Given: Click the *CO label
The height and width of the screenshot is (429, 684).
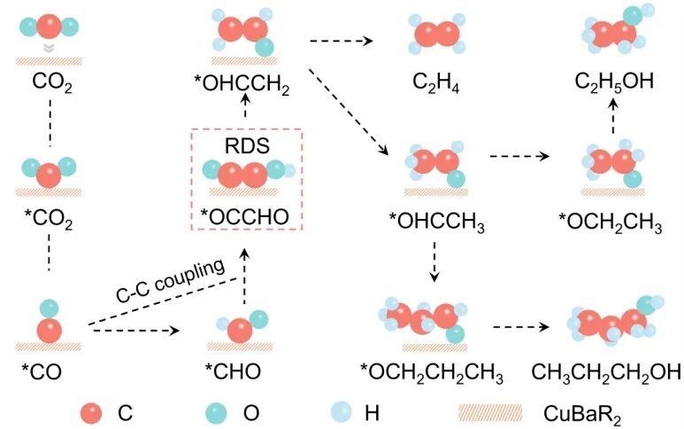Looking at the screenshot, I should (x=49, y=370).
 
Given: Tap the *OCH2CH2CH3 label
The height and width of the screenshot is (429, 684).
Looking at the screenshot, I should (x=431, y=370).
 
